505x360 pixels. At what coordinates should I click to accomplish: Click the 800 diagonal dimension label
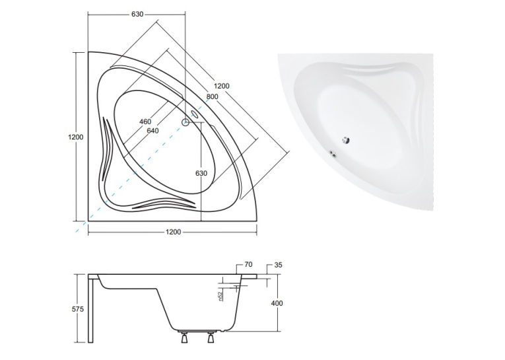213,96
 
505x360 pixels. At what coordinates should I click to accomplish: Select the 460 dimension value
145,122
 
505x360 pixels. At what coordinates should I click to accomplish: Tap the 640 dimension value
152,131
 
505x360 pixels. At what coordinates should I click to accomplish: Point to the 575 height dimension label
77,309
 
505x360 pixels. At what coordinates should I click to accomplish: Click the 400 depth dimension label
277,303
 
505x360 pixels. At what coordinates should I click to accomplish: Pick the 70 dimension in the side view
248,265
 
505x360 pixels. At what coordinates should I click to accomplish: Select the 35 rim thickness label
279,265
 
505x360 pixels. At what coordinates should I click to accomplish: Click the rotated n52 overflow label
220,297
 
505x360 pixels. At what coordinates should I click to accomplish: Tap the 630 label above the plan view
137,14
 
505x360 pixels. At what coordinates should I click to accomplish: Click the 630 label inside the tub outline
201,173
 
